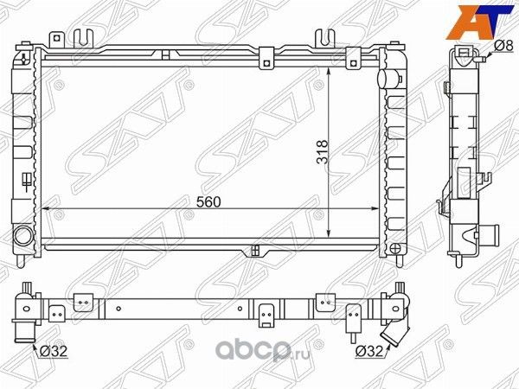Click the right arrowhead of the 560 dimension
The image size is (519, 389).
click(x=374, y=209)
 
